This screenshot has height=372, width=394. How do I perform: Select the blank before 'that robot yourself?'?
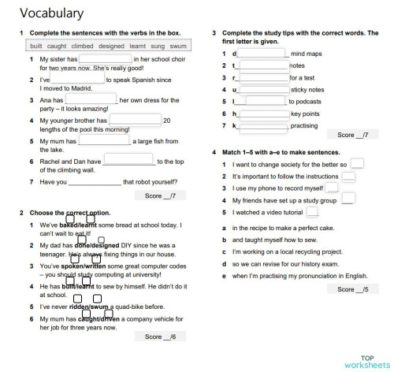(95, 182)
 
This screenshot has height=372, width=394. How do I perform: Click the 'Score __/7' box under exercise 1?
(161, 195)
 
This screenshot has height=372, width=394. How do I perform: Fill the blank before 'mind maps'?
(262, 54)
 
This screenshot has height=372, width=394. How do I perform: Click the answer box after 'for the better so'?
(358, 164)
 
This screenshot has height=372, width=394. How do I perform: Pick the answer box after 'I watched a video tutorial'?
(313, 212)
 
